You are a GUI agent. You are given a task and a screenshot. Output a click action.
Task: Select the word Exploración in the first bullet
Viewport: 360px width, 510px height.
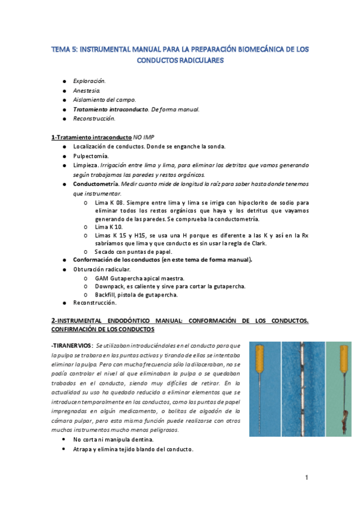point(90,80)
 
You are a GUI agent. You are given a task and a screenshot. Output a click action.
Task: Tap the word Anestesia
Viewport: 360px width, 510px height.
point(87,90)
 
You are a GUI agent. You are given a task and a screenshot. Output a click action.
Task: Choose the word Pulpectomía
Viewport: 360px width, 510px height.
point(91,155)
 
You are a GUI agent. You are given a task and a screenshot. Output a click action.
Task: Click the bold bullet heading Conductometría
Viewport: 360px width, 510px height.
point(96,183)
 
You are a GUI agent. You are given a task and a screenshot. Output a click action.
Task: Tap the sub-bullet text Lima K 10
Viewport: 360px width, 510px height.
point(109,227)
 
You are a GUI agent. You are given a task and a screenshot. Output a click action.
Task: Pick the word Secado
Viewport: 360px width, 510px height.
point(105,251)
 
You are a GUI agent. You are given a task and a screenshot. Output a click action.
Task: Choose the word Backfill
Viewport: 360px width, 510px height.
point(106,295)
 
